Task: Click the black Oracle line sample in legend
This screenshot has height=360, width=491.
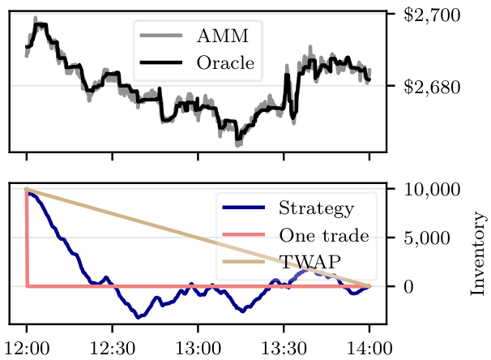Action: click(x=162, y=62)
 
